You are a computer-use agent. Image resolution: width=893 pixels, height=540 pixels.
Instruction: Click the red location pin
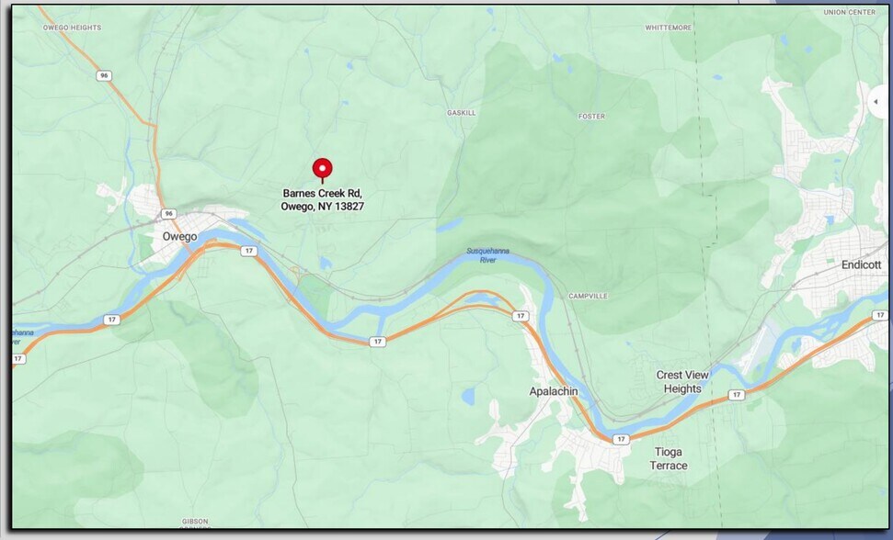(x=322, y=169)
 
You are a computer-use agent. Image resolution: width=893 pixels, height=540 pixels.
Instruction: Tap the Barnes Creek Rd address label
(x=322, y=199)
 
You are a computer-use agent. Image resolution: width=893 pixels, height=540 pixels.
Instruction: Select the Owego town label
(x=179, y=236)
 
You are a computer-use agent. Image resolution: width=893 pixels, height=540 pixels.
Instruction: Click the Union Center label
(x=848, y=13)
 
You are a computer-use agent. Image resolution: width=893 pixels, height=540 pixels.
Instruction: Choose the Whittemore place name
(x=668, y=28)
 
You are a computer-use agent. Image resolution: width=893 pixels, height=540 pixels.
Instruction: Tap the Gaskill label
(x=461, y=112)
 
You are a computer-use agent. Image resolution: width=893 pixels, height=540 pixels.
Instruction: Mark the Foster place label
(x=591, y=117)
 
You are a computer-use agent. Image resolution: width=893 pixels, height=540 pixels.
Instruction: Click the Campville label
(x=588, y=296)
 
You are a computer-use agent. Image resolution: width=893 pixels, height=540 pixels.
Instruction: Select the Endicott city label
(x=861, y=264)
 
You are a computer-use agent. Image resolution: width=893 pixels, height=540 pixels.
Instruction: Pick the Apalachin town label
(x=554, y=391)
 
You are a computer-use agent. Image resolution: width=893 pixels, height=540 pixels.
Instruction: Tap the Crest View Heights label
(x=682, y=382)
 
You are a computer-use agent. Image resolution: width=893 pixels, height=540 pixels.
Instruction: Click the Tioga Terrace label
(x=669, y=458)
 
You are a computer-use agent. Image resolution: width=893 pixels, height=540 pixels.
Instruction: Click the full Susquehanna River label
(x=487, y=254)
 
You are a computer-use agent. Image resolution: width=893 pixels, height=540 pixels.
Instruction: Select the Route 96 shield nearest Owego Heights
(x=106, y=76)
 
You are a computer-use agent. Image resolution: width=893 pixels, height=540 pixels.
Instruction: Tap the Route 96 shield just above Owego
(x=168, y=213)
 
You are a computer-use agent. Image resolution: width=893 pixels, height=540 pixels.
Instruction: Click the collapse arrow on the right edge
(x=876, y=101)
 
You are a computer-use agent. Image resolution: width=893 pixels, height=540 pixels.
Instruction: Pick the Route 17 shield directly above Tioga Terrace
(x=622, y=439)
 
